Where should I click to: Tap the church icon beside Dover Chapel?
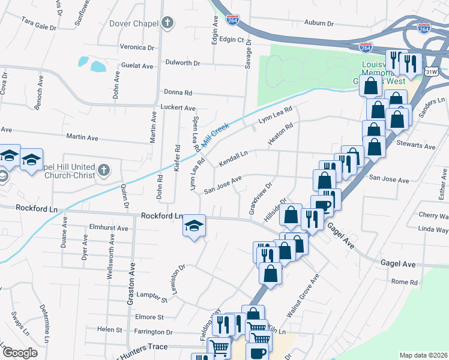tap(167, 23)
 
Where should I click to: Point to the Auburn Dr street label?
tap(318, 23)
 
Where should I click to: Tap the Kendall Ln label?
tap(234, 159)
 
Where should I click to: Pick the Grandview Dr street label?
tap(261, 199)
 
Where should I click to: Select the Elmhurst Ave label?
tap(108, 228)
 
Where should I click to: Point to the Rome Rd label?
tap(404, 282)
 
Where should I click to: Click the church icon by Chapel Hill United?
tap(104, 170)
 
